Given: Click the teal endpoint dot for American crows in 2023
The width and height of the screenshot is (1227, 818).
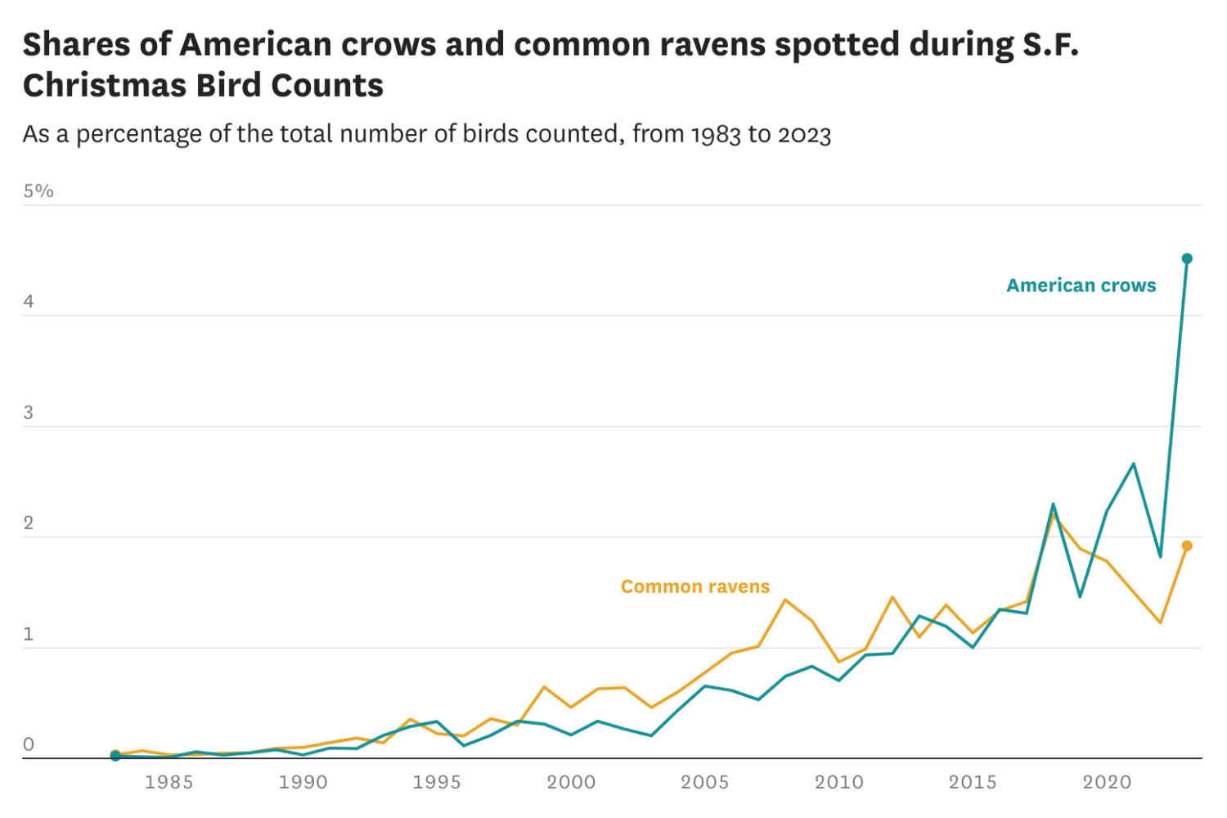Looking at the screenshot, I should (1187, 258).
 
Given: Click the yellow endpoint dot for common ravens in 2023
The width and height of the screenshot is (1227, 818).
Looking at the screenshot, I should (1187, 546).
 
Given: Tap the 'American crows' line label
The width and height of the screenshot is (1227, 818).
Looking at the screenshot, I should (1081, 285).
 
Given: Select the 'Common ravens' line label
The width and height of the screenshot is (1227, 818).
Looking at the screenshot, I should (695, 587).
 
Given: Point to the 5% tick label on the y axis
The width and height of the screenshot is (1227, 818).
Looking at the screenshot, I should (38, 191).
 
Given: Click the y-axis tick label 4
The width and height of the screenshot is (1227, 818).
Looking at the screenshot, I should (29, 302).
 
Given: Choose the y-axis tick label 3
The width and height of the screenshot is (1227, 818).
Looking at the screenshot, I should (29, 413).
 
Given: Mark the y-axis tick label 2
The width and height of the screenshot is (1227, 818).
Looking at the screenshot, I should (29, 524).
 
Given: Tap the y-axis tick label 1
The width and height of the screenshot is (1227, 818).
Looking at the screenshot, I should (29, 635).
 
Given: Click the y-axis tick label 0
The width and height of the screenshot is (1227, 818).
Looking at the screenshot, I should (29, 744).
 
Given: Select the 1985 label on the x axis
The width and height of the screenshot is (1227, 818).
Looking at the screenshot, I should (169, 782).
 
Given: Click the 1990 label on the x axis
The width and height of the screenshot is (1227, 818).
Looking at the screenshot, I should (303, 782).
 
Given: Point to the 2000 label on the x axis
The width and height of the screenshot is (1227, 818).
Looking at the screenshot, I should (571, 782).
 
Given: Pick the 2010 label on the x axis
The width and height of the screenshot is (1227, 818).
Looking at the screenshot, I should (838, 782).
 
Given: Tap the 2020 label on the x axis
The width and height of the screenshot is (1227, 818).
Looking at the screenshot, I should (1107, 782).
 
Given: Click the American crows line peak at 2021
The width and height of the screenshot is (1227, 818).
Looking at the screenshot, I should (1133, 464).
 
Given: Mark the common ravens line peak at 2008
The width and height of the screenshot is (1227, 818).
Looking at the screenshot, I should (785, 600).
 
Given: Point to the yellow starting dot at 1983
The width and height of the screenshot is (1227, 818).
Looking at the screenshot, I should (115, 753).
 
